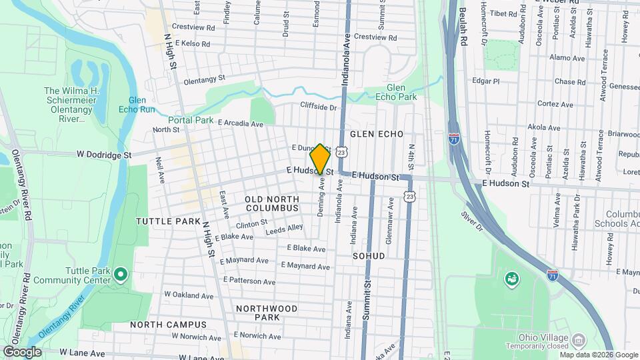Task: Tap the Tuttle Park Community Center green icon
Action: click(121, 274)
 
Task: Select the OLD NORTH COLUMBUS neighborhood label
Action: click(272, 203)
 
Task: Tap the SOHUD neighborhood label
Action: click(369, 255)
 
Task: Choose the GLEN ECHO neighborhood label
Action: click(377, 134)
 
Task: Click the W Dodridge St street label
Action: click(104, 154)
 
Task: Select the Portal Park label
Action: click(191, 121)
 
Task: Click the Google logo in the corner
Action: click(22, 352)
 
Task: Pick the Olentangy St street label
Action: click(204, 79)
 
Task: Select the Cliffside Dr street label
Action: click(319, 107)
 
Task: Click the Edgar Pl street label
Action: click(485, 81)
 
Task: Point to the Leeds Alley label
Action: click(284, 230)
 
